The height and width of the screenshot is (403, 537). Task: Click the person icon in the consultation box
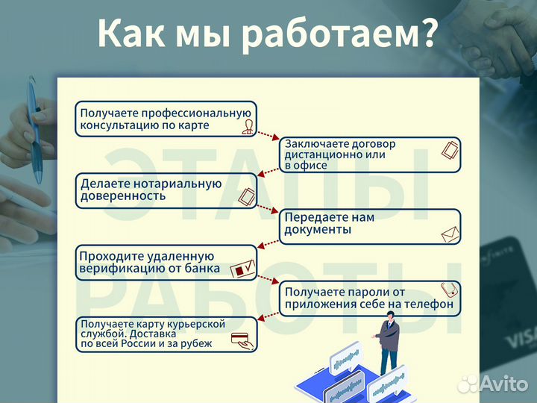[247, 127]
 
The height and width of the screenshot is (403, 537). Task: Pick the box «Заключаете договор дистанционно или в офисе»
[370, 154]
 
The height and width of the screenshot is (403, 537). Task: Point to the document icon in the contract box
[448, 151]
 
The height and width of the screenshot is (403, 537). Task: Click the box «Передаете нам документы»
[370, 226]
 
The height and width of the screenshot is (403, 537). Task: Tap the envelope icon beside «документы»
[449, 235]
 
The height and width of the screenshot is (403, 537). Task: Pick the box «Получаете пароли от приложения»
[370, 298]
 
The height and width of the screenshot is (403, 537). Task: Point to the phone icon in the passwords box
[449, 289]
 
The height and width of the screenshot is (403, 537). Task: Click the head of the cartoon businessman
[389, 319]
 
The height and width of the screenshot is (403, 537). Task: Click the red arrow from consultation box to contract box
[268, 135]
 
